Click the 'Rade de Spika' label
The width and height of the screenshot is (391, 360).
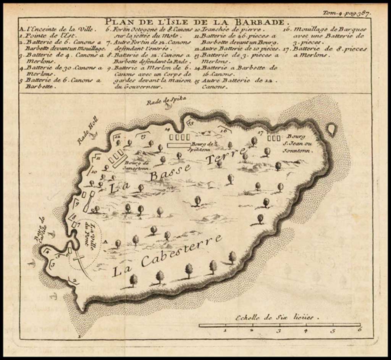coord(167,100)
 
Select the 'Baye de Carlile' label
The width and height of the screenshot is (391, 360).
coord(40,229)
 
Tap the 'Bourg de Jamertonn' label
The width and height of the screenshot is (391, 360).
coord(136,164)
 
